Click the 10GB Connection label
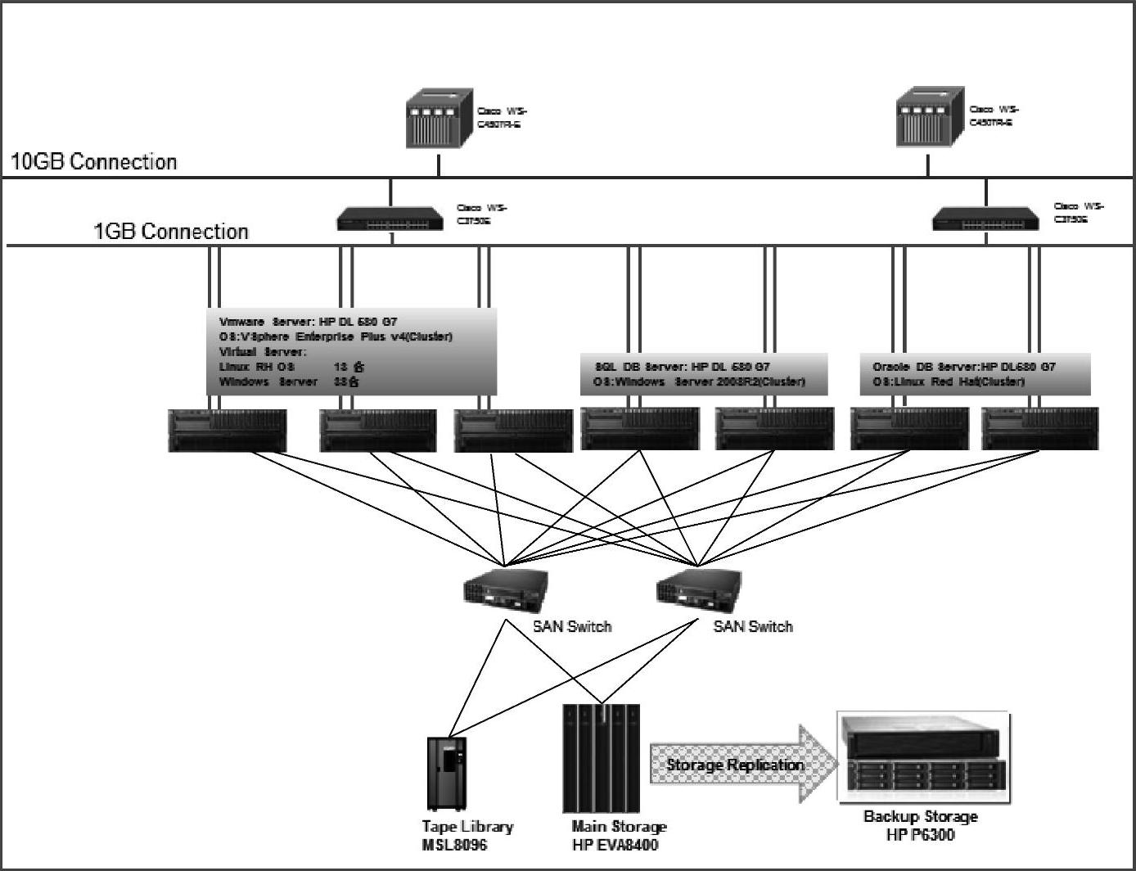(93, 162)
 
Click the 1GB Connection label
(171, 232)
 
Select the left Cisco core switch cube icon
(440, 120)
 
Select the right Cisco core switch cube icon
(929, 118)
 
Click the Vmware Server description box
(351, 352)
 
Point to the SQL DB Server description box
(704, 374)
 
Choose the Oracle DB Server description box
(975, 374)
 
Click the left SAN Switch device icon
(505, 589)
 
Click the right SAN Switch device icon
(698, 589)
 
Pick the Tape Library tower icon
(447, 774)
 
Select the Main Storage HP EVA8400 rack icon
(602, 757)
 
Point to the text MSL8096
(454, 845)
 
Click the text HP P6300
(920, 835)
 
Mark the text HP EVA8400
(615, 845)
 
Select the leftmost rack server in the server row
(228, 431)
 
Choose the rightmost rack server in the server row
(1039, 430)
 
